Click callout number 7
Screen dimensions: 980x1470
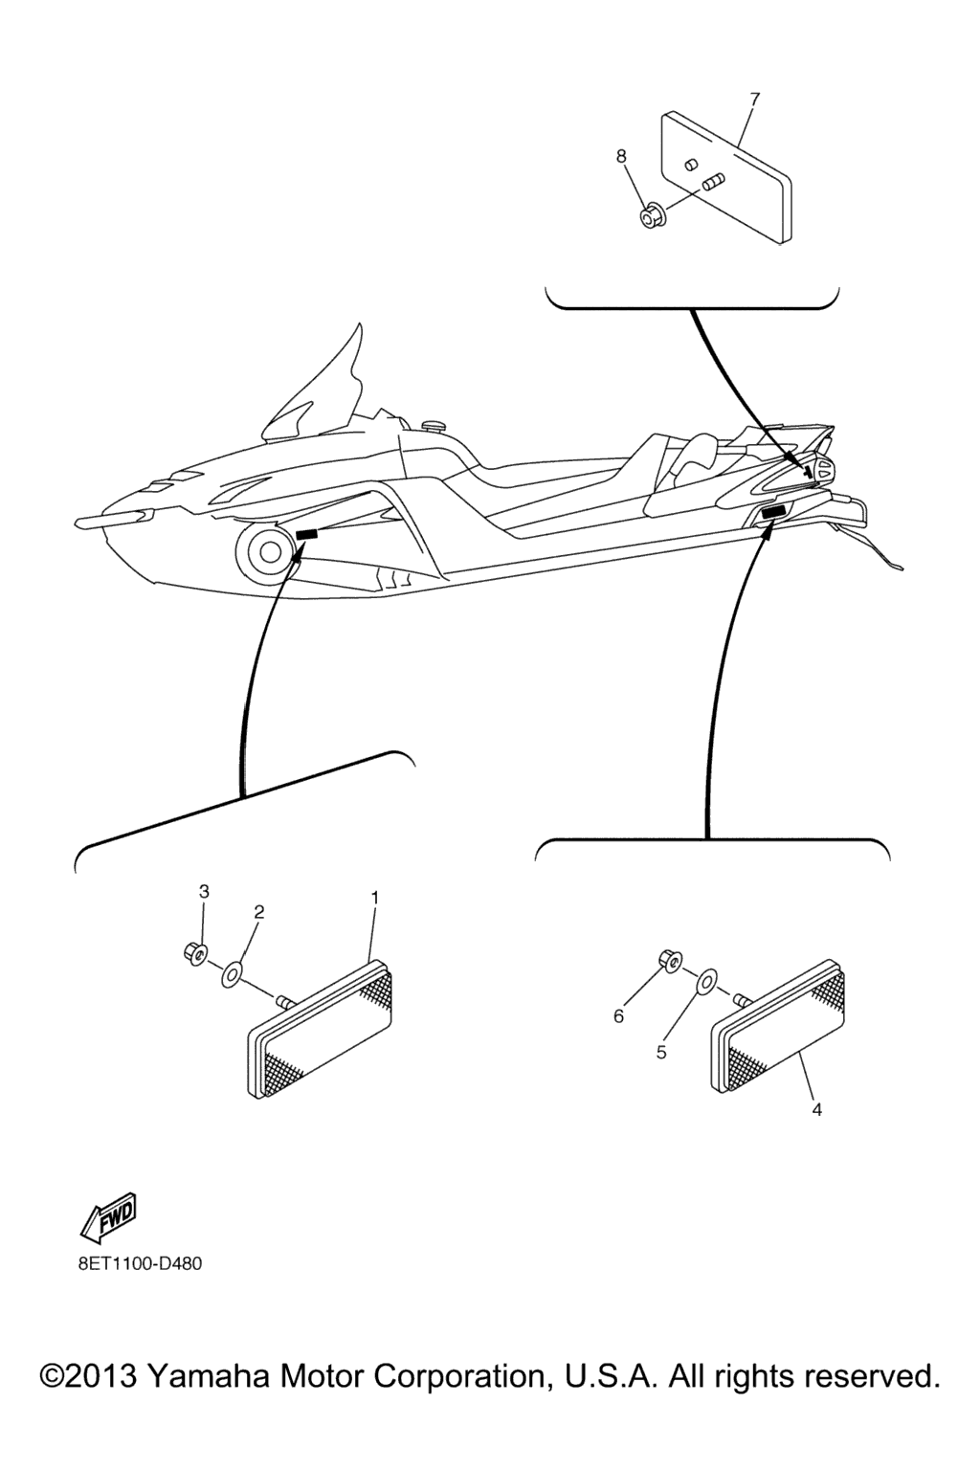(x=754, y=100)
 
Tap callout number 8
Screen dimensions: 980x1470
(x=621, y=156)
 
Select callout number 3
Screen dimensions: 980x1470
(x=204, y=892)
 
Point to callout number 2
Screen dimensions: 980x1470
(x=259, y=911)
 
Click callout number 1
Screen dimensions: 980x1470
(x=375, y=897)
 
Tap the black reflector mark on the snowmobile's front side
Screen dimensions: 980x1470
(x=306, y=535)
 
